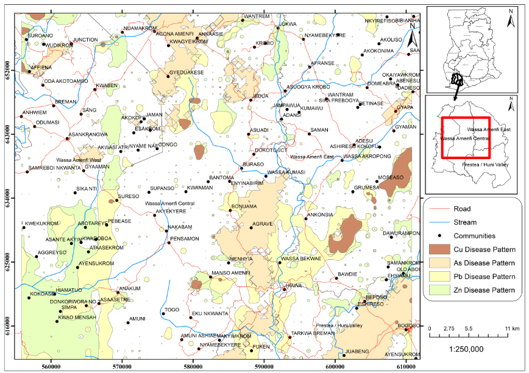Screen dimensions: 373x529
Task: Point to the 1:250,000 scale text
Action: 466,349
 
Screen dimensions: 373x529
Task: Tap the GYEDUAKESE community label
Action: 186,72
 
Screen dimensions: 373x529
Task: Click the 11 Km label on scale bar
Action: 511,329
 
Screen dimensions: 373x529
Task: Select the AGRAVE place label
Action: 263,224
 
